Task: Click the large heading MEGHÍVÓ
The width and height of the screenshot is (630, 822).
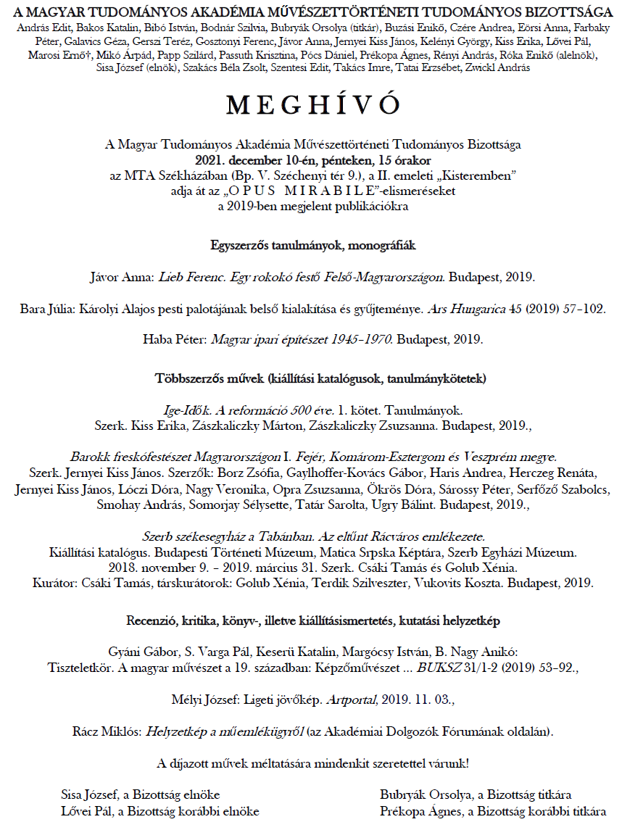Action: [x=313, y=105]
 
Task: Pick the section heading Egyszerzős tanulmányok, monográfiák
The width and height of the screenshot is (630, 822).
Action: [x=314, y=245]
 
